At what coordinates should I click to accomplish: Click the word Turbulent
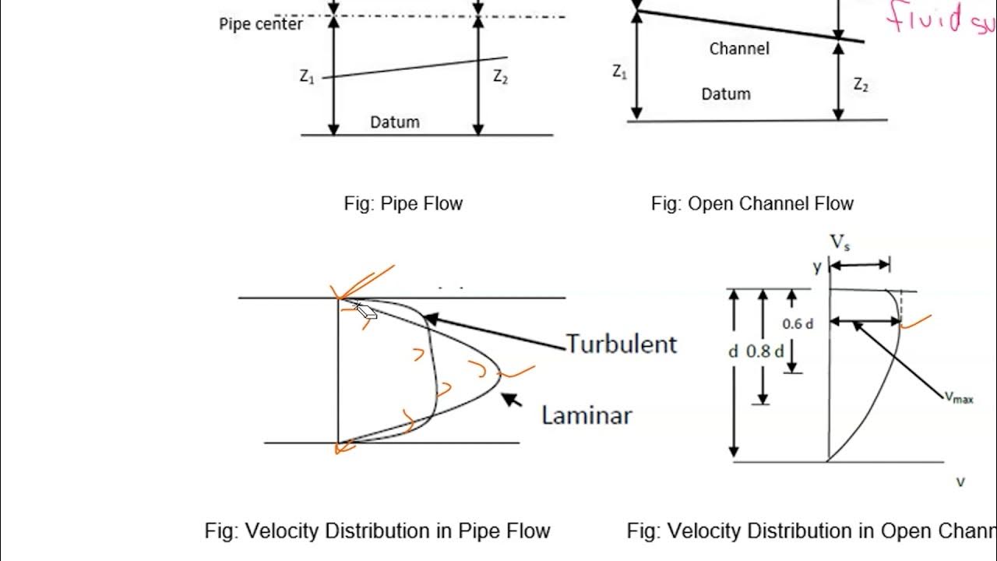click(x=622, y=344)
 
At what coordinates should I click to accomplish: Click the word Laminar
click(x=587, y=415)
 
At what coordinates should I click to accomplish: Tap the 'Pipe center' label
click(x=260, y=24)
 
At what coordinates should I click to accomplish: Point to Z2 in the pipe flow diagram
click(x=500, y=76)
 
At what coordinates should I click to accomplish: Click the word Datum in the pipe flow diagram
click(x=394, y=122)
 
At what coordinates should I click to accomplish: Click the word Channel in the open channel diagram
click(x=739, y=49)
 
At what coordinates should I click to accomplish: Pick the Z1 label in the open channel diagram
click(x=619, y=72)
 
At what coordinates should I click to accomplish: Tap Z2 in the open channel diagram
click(x=860, y=85)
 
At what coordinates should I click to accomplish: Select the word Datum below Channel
click(x=726, y=94)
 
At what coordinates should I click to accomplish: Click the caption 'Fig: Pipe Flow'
click(x=403, y=204)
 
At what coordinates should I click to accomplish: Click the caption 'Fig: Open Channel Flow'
click(x=752, y=204)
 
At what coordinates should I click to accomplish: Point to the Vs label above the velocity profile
click(x=840, y=243)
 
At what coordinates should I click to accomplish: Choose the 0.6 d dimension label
click(x=798, y=324)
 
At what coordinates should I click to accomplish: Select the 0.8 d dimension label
click(x=763, y=351)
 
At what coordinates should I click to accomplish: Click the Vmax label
click(x=958, y=397)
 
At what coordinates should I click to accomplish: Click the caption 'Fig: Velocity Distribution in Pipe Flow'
click(x=377, y=531)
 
